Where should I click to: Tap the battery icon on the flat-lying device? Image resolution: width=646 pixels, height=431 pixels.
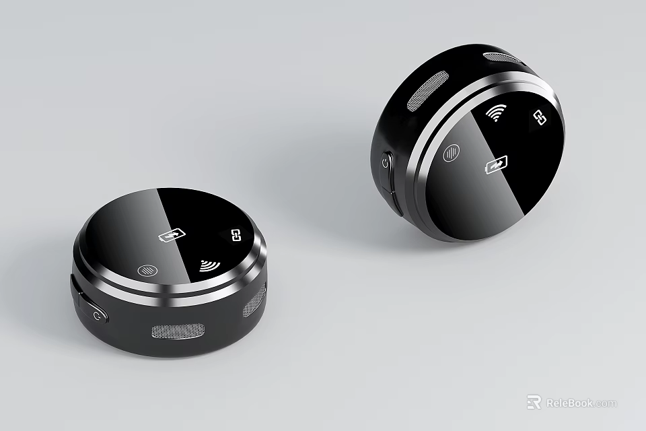[170, 235]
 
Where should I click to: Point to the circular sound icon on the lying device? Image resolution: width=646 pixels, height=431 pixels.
[145, 270]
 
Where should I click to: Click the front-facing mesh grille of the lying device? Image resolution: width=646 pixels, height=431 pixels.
[178, 330]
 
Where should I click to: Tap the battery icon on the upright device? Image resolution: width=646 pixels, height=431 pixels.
[496, 164]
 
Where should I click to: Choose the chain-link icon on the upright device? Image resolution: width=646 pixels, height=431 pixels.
[539, 117]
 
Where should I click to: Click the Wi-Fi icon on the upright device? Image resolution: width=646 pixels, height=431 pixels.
[497, 112]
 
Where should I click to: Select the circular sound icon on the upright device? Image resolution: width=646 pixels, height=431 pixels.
[452, 154]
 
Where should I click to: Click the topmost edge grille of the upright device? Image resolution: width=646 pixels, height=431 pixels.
[501, 58]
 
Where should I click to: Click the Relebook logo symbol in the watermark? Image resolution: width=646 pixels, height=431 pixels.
[534, 402]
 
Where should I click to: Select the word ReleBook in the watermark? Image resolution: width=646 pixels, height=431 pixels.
[569, 403]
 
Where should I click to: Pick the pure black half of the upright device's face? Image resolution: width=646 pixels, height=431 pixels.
[532, 155]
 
